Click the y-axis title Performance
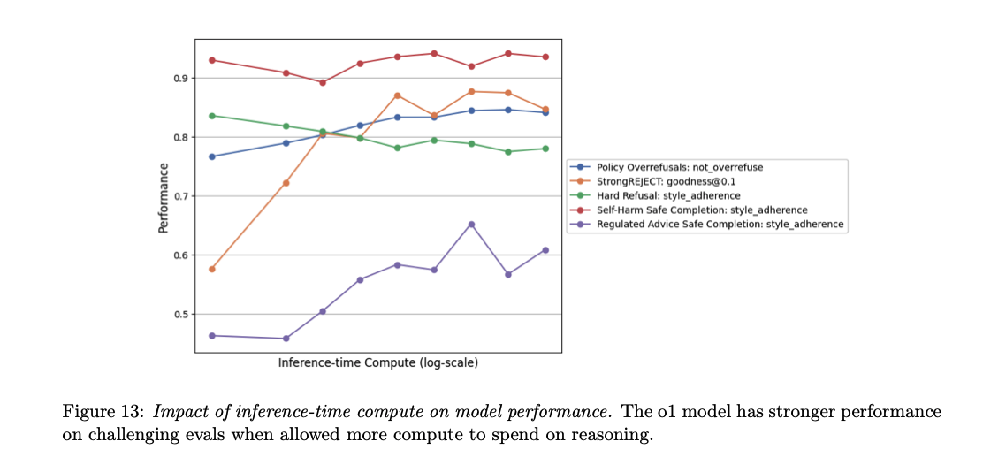(163, 198)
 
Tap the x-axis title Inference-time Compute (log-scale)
(377, 363)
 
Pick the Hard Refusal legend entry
(667, 195)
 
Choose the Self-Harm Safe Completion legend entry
(702, 210)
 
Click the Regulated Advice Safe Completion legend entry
(720, 225)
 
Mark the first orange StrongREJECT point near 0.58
(211, 269)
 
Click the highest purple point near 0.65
(471, 225)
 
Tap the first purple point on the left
(211, 336)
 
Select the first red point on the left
(211, 60)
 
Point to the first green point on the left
(211, 116)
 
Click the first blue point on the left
(211, 156)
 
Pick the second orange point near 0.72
(286, 183)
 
